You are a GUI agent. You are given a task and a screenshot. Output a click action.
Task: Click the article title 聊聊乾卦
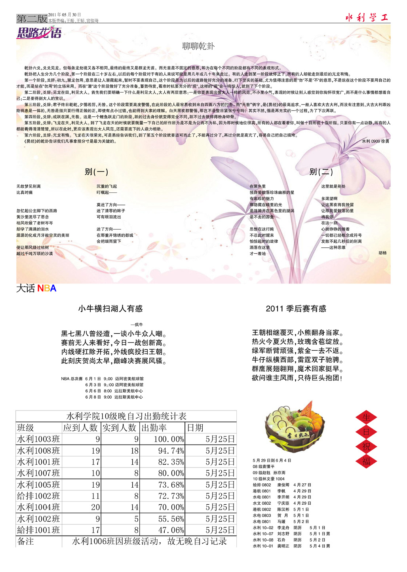pos(198,46)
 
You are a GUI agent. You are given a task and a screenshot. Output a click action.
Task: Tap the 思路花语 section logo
pos(39,33)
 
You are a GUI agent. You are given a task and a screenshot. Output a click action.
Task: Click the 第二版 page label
pos(32,18)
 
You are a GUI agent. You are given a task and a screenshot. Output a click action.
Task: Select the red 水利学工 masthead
pos(367,17)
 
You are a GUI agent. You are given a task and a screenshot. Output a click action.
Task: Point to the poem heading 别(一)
pos(96,172)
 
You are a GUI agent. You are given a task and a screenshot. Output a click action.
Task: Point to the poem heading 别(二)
pos(321,172)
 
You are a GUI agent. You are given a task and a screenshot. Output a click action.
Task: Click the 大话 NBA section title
pos(36,288)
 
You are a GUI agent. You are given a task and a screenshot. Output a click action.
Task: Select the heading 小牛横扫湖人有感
pos(110,309)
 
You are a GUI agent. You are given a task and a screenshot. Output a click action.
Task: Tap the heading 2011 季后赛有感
pos(296,309)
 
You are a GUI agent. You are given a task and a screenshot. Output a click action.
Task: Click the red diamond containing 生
pos(366,417)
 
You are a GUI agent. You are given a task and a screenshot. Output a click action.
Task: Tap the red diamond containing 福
pos(366,461)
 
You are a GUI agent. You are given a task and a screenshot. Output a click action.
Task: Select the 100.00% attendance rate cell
pos(169,439)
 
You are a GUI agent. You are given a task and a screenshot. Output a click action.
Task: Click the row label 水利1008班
pos(39,451)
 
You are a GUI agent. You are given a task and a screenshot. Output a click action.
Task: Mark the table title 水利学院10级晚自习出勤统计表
pos(126,416)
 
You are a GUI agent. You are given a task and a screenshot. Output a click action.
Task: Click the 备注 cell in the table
pos(26,541)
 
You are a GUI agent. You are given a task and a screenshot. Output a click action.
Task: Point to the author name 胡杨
pos(382,253)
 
